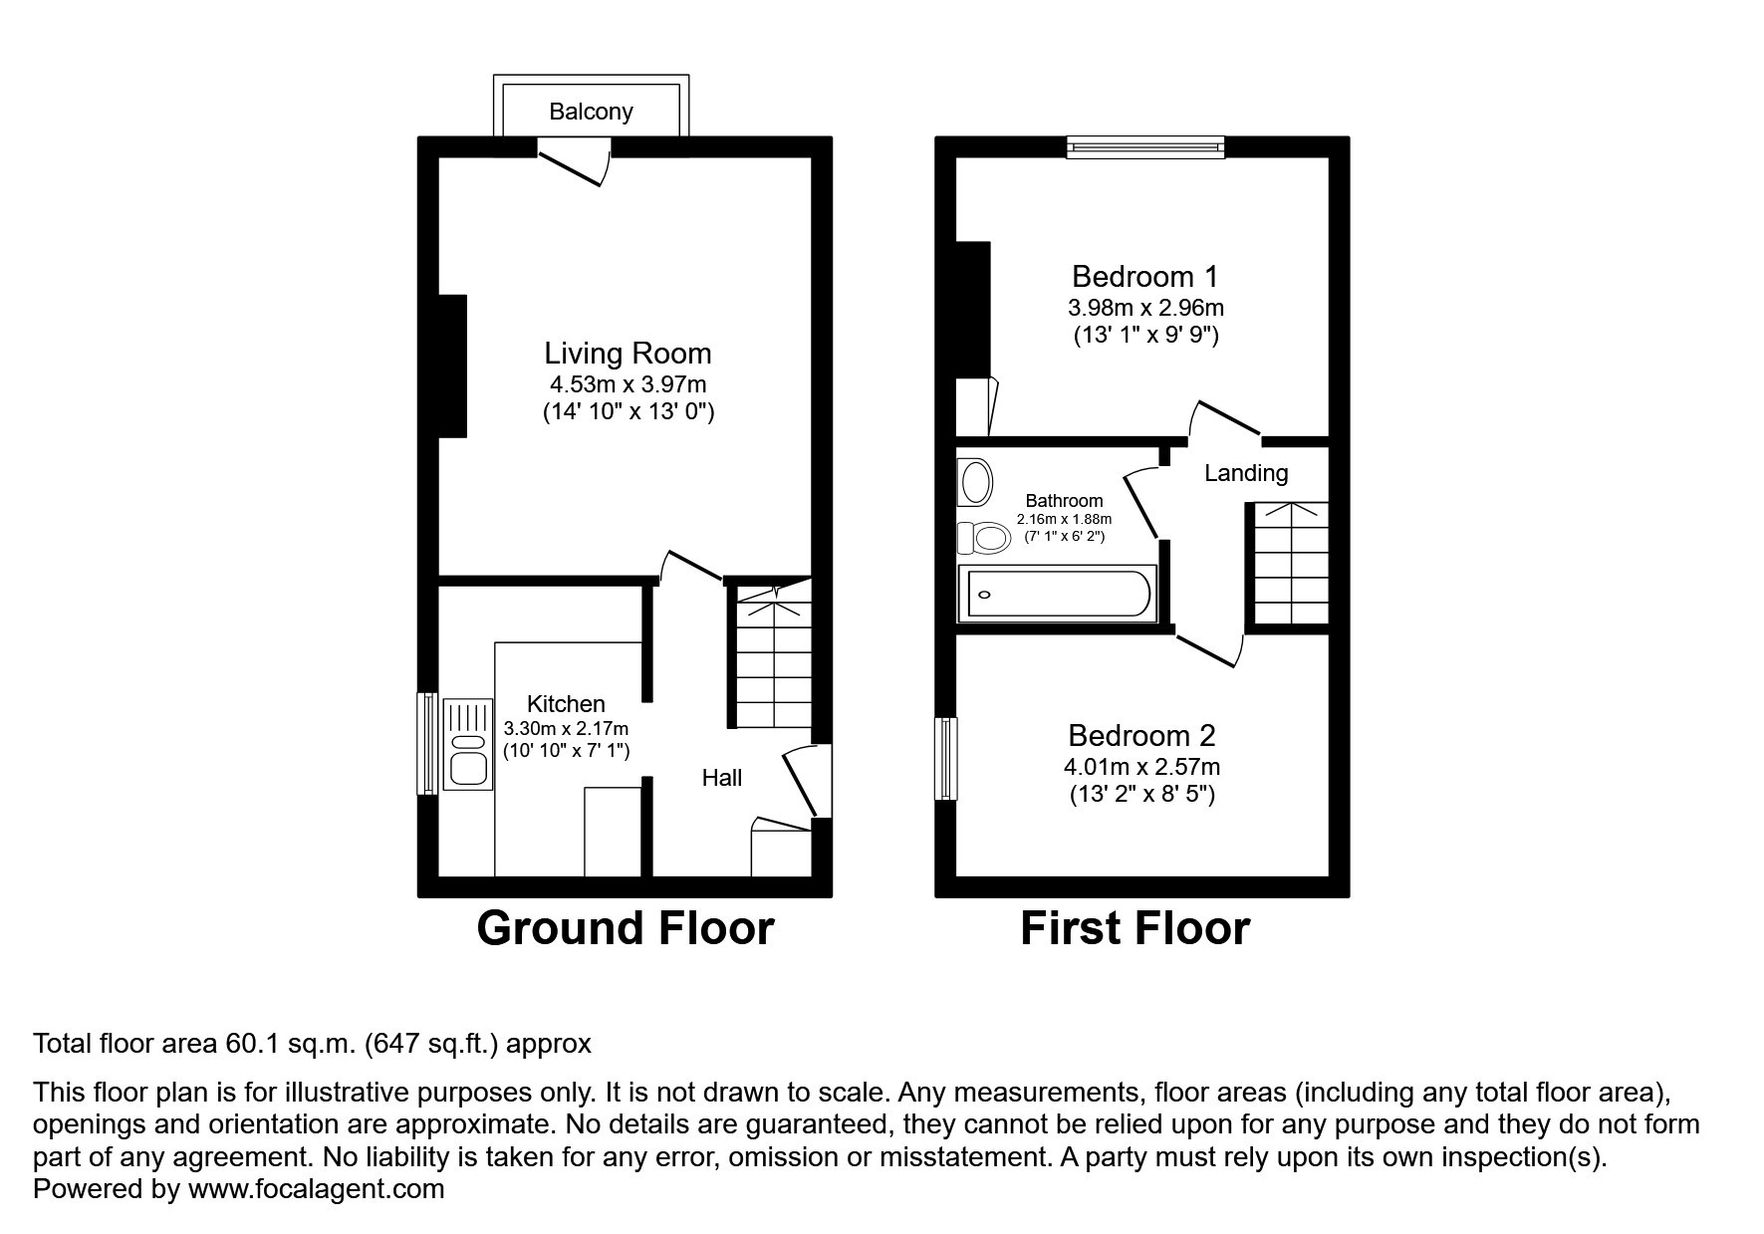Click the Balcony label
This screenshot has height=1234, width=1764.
pyautogui.click(x=591, y=112)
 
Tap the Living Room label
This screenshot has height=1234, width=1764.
pyautogui.click(x=628, y=354)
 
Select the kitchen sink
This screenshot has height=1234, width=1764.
pyautogui.click(x=468, y=745)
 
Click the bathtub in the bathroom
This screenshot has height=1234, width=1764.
pyautogui.click(x=1057, y=595)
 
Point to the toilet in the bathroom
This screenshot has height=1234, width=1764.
pyautogui.click(x=983, y=538)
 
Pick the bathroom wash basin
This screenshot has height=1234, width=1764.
pyautogui.click(x=975, y=483)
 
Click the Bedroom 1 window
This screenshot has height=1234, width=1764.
pyautogui.click(x=1145, y=147)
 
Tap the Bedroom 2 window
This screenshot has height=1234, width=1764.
pyautogui.click(x=945, y=758)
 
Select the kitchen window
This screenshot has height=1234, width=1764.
pyautogui.click(x=427, y=743)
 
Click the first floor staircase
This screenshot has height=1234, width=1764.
pyautogui.click(x=1291, y=564)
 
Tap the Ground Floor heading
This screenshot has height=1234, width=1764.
pyautogui.click(x=626, y=928)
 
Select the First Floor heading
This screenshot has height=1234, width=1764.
pyautogui.click(x=1135, y=928)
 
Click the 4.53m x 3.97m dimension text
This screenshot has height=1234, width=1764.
pyautogui.click(x=629, y=384)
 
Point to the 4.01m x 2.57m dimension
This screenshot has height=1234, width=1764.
pyautogui.click(x=1142, y=767)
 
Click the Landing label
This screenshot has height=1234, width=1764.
pyautogui.click(x=1246, y=473)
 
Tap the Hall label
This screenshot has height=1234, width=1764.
pyautogui.click(x=722, y=778)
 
